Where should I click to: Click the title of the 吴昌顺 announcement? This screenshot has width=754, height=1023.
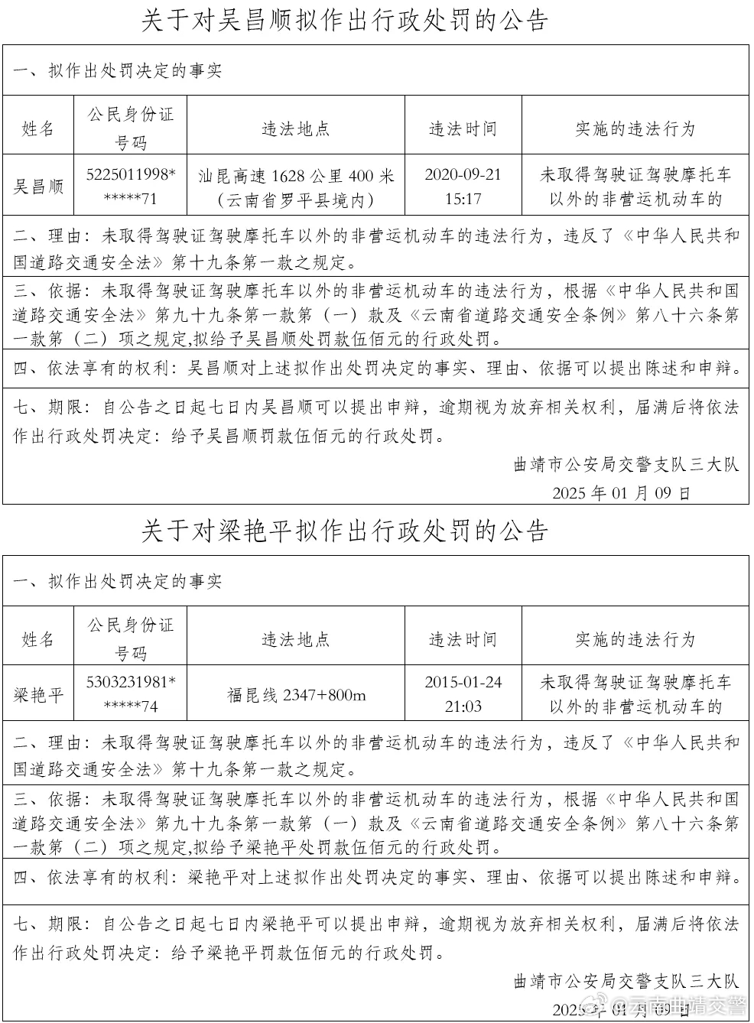(x=345, y=21)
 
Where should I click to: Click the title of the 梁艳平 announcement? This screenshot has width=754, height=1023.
(x=345, y=531)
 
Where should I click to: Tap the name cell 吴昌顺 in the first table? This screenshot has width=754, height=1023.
(x=38, y=187)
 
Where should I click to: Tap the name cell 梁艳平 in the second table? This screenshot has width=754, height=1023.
(x=38, y=695)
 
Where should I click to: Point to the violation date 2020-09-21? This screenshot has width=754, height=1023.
(x=463, y=175)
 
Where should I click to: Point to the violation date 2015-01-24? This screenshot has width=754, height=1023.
(x=463, y=683)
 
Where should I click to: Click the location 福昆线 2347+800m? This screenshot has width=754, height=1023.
(x=296, y=695)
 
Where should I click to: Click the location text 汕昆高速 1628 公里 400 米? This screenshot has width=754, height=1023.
(x=296, y=177)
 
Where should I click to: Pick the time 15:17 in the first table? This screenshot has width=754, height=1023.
(x=463, y=199)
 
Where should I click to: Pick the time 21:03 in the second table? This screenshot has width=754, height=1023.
(x=463, y=706)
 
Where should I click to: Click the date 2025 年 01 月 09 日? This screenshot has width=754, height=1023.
(x=621, y=492)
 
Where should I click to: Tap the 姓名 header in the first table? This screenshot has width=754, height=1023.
(x=38, y=128)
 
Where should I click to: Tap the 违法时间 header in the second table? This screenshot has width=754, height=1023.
(x=463, y=638)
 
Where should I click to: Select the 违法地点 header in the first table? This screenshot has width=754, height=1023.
(x=296, y=128)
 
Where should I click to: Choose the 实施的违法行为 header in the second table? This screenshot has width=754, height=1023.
(x=635, y=638)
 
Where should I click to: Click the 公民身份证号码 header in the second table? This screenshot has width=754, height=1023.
(x=131, y=638)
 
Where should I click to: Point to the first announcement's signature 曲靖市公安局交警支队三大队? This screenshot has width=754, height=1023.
(x=626, y=464)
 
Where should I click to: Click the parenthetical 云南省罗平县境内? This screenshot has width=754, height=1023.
(x=296, y=200)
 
